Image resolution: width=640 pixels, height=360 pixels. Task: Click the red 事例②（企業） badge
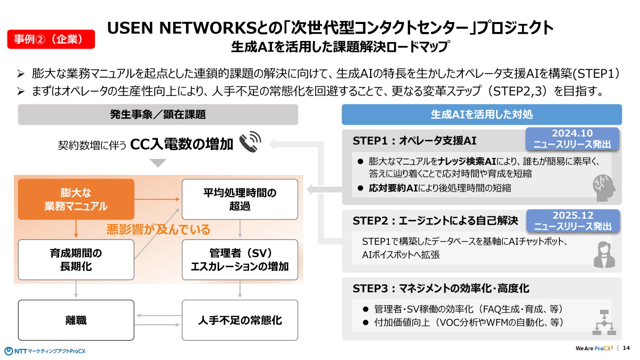point(51,39)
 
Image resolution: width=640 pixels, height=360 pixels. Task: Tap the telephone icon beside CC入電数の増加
point(250,143)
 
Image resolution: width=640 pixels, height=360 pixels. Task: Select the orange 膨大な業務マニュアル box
point(76,199)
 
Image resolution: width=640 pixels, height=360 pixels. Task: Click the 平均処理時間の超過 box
point(240,199)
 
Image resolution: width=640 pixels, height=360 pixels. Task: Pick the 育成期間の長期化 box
point(76,260)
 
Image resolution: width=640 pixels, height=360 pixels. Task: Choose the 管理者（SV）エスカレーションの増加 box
point(240,260)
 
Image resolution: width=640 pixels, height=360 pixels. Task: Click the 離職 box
point(76,320)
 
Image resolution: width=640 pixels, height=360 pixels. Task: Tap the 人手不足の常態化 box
point(240,320)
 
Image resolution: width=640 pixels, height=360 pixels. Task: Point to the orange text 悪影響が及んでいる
point(158,230)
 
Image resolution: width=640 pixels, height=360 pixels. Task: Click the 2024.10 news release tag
point(572,139)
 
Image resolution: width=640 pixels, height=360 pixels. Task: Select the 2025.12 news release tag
point(572,221)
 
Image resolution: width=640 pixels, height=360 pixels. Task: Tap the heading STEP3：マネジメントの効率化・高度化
point(441,289)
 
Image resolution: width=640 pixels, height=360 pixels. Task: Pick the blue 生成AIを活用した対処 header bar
point(481,114)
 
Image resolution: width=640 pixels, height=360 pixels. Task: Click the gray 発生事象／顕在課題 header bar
point(158,114)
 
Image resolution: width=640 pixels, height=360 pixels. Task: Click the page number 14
point(626,348)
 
